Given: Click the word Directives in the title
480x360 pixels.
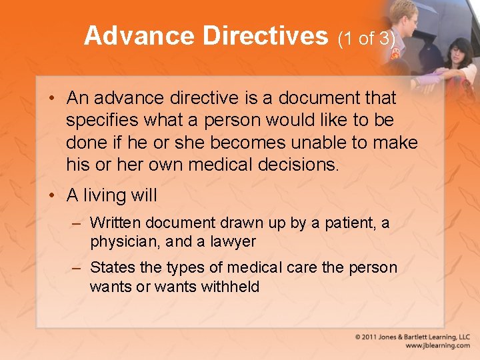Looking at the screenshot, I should pos(266,36).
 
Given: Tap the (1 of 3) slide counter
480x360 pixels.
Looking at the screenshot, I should pos(367,39).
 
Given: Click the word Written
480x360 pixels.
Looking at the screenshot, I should pos(116,223).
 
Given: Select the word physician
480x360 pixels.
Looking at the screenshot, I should pos(122,241).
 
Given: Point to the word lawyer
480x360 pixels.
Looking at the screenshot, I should pos(233,241).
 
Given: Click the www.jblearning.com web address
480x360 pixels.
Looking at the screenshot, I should pos(437,346).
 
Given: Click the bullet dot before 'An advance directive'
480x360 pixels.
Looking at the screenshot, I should pos(51,99).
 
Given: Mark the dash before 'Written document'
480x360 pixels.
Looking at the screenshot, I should pos(77,223).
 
